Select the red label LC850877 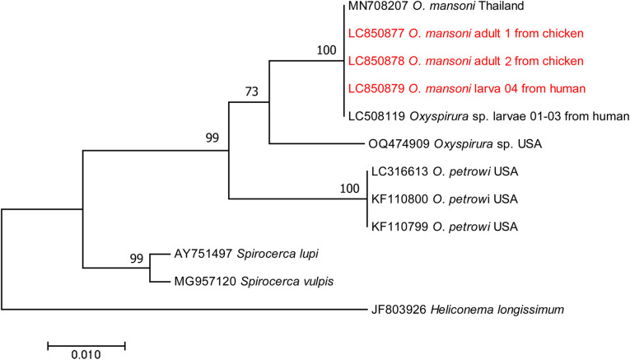pos(376,34)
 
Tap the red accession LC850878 pos(376,61)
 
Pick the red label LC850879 pos(376,88)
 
